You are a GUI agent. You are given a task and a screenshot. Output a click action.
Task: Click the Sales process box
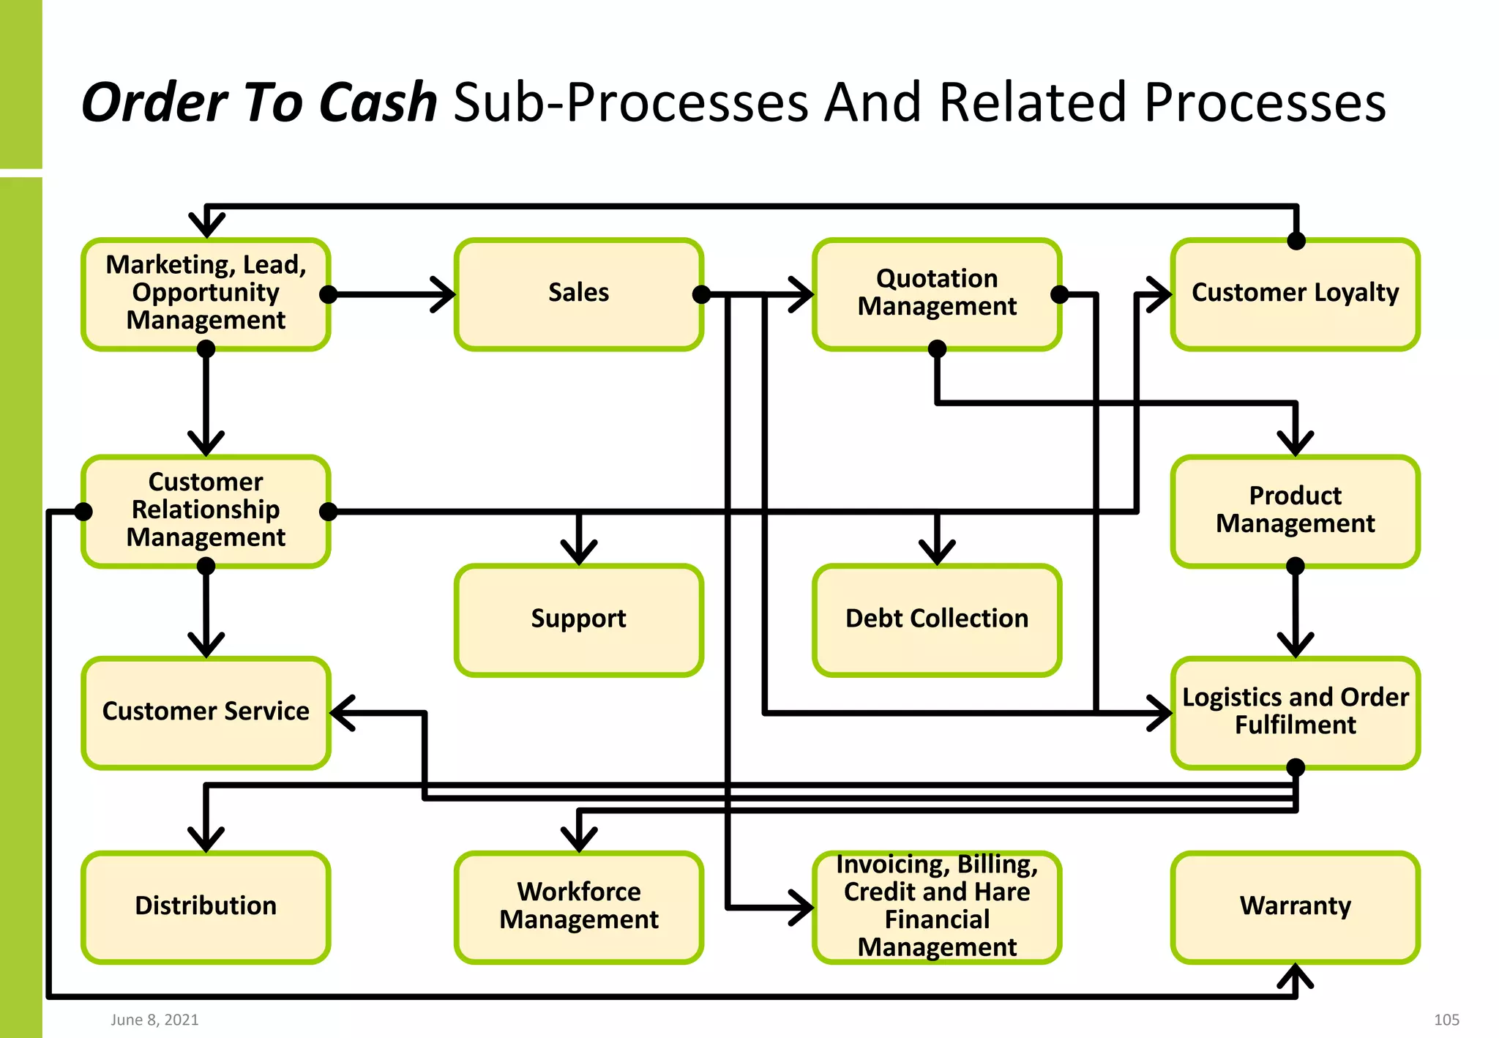click(578, 294)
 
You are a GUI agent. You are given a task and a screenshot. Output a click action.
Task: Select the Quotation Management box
click(937, 294)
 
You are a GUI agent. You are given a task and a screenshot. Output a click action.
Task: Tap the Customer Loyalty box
click(1295, 294)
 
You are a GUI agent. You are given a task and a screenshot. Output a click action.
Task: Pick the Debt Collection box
click(937, 619)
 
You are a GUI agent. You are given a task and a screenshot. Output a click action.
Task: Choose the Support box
click(578, 619)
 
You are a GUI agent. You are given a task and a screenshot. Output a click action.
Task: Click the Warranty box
click(1295, 906)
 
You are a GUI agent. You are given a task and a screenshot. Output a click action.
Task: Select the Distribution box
click(206, 906)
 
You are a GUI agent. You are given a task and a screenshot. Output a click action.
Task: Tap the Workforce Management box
click(578, 906)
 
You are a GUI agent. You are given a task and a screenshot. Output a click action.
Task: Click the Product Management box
click(1295, 510)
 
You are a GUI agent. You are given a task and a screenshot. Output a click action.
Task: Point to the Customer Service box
click(206, 712)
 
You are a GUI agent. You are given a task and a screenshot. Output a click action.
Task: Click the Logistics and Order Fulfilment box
click(1295, 712)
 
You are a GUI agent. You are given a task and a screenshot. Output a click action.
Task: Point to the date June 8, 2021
click(154, 1020)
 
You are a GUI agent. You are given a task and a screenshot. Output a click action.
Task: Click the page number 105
click(1446, 1020)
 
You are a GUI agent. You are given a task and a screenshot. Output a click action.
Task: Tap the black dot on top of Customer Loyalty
click(1296, 241)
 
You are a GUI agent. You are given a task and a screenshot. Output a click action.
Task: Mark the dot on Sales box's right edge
click(701, 294)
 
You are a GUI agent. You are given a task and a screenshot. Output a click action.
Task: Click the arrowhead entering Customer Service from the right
click(340, 712)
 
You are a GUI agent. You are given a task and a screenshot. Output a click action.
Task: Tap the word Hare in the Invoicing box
click(1002, 892)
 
